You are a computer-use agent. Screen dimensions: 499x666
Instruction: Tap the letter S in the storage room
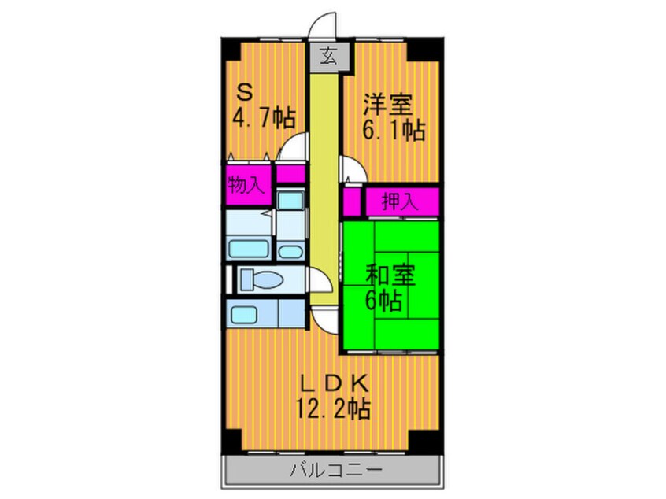246,93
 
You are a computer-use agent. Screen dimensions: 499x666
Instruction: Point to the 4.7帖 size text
265,119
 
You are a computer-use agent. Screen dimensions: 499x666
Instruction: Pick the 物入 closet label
246,185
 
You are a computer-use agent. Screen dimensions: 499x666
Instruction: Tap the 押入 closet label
401,201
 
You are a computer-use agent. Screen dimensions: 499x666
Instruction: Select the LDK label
334,383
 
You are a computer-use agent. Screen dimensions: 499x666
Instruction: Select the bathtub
250,250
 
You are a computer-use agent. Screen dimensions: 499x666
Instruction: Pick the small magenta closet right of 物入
290,174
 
